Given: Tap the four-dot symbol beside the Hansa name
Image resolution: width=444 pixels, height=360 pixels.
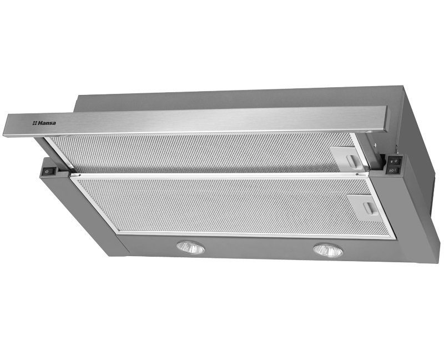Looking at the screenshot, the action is (35, 123).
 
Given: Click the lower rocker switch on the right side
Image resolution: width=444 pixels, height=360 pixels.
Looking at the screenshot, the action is (394, 170).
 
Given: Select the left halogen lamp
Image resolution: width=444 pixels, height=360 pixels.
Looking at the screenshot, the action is (190, 247).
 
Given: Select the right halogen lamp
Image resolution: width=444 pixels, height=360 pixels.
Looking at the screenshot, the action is (328, 251).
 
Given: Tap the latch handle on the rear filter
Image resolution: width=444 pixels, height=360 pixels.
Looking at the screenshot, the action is (353, 161).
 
